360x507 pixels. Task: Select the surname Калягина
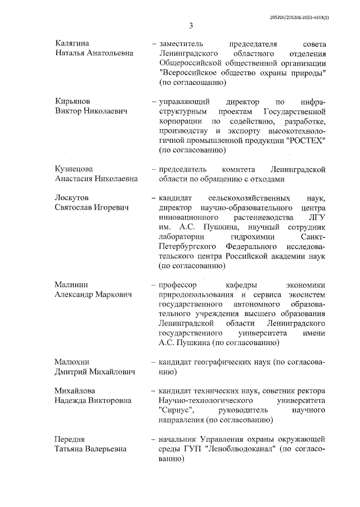pyautogui.click(x=73, y=43)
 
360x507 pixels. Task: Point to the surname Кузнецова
pyautogui.click(x=74, y=169)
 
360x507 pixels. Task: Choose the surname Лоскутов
pyautogui.click(x=72, y=198)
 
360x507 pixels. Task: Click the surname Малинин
pyautogui.click(x=71, y=284)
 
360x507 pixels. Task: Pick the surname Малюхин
pyautogui.click(x=72, y=361)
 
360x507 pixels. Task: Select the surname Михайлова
pyautogui.click(x=75, y=391)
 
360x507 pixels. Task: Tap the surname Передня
pyautogui.click(x=71, y=438)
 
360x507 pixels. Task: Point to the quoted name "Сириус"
pyautogui.click(x=177, y=410)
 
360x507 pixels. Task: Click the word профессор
pyautogui.click(x=180, y=284)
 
